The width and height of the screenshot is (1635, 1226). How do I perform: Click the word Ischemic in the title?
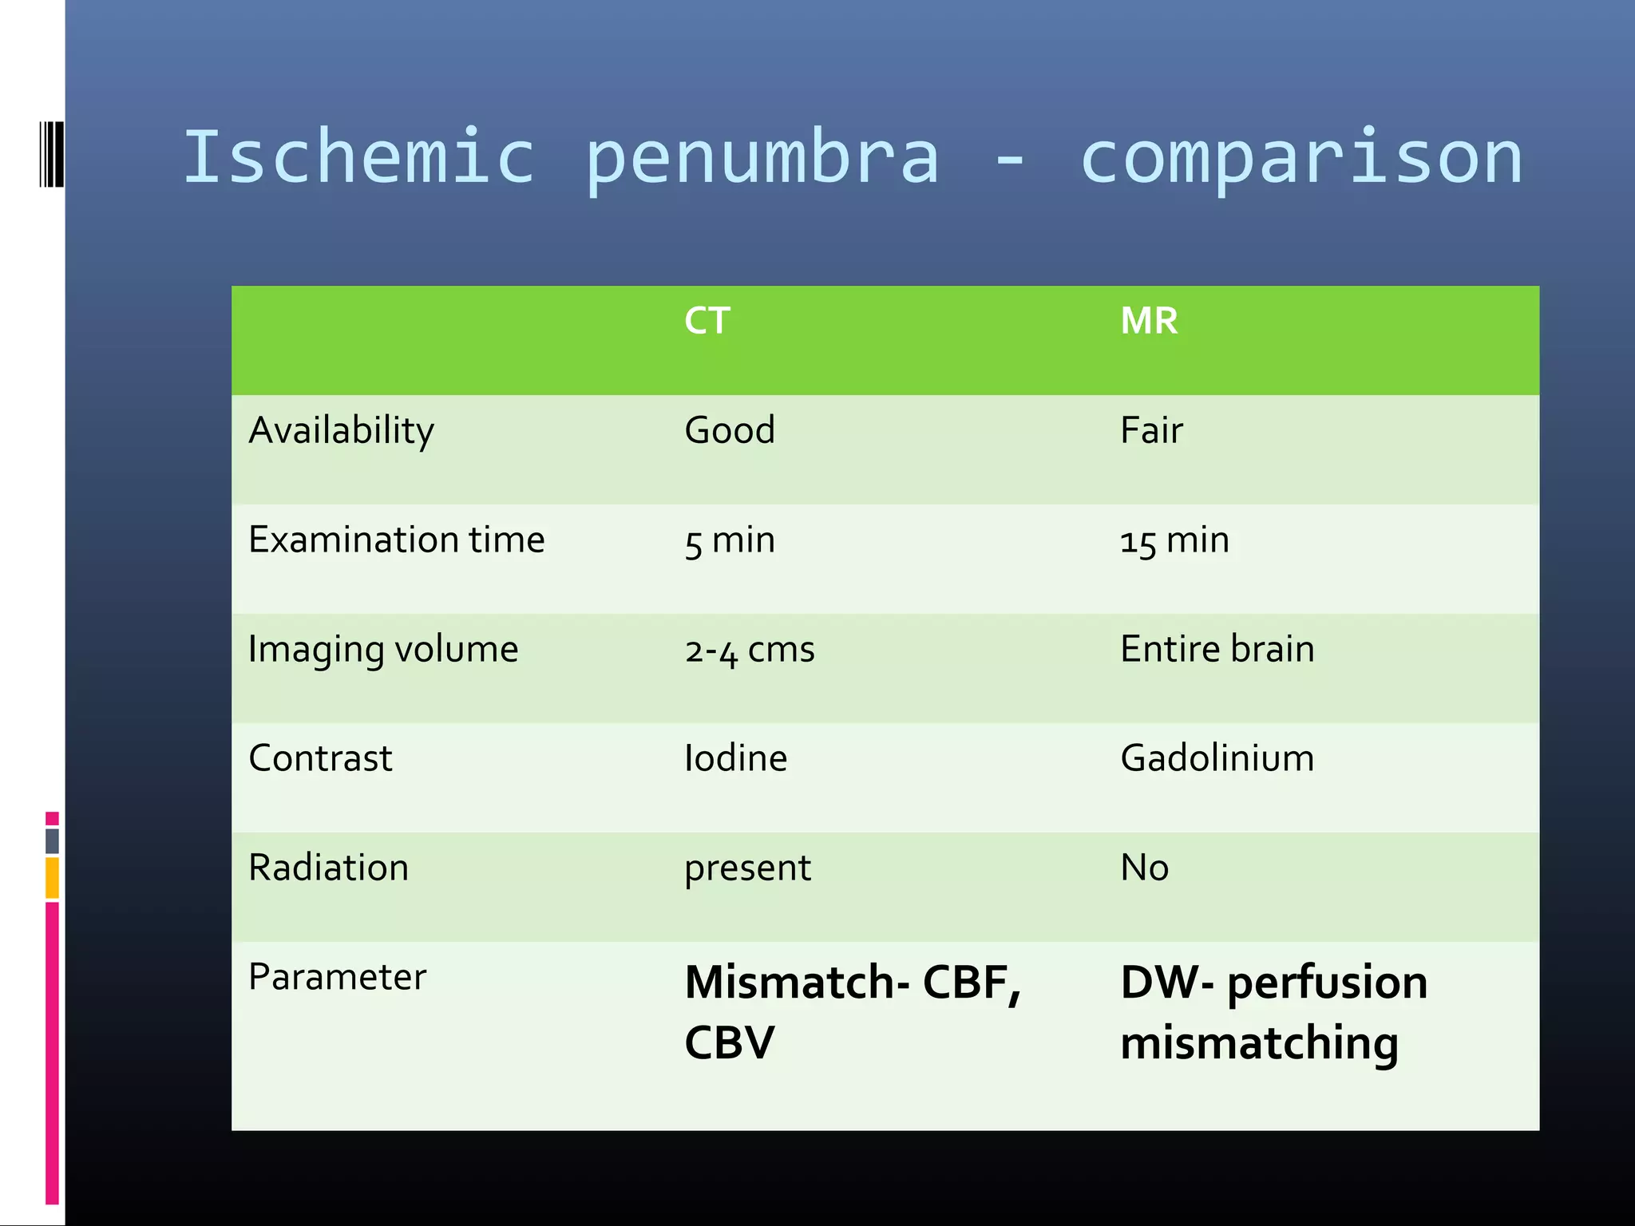point(358,156)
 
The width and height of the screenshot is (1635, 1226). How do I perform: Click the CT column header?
point(707,321)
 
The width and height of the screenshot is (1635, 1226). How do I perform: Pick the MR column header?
point(1149,321)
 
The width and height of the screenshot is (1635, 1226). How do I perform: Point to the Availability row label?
point(341,431)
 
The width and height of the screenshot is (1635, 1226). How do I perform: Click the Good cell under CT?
point(730,430)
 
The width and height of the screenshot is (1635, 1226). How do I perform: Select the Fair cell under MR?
point(1151,430)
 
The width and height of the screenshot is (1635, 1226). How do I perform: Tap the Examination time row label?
point(396,540)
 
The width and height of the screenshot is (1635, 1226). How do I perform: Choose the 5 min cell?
point(730,540)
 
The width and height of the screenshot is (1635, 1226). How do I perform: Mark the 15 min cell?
point(1174,540)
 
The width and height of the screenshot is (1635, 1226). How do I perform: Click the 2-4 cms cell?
point(750,650)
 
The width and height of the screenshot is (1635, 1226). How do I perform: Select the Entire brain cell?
point(1217,649)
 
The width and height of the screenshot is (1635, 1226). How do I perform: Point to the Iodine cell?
point(735,758)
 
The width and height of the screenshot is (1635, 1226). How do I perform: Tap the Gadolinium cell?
point(1217,758)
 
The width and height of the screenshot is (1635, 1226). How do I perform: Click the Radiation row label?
point(328,868)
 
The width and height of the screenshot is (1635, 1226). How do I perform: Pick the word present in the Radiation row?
point(747,868)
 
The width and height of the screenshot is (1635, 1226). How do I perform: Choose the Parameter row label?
point(337,977)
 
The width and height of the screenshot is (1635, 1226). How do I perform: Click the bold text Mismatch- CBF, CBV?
point(852,1011)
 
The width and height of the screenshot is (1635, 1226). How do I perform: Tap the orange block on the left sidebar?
point(52,878)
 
